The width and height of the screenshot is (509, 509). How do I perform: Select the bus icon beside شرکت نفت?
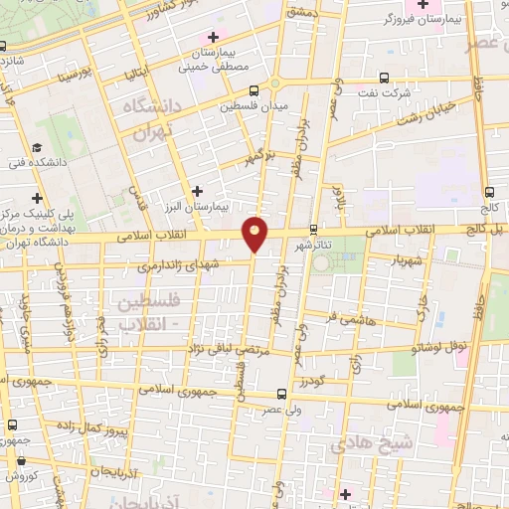384,78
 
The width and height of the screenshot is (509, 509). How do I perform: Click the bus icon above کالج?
488,192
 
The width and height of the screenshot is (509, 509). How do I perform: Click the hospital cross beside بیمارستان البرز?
197,190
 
